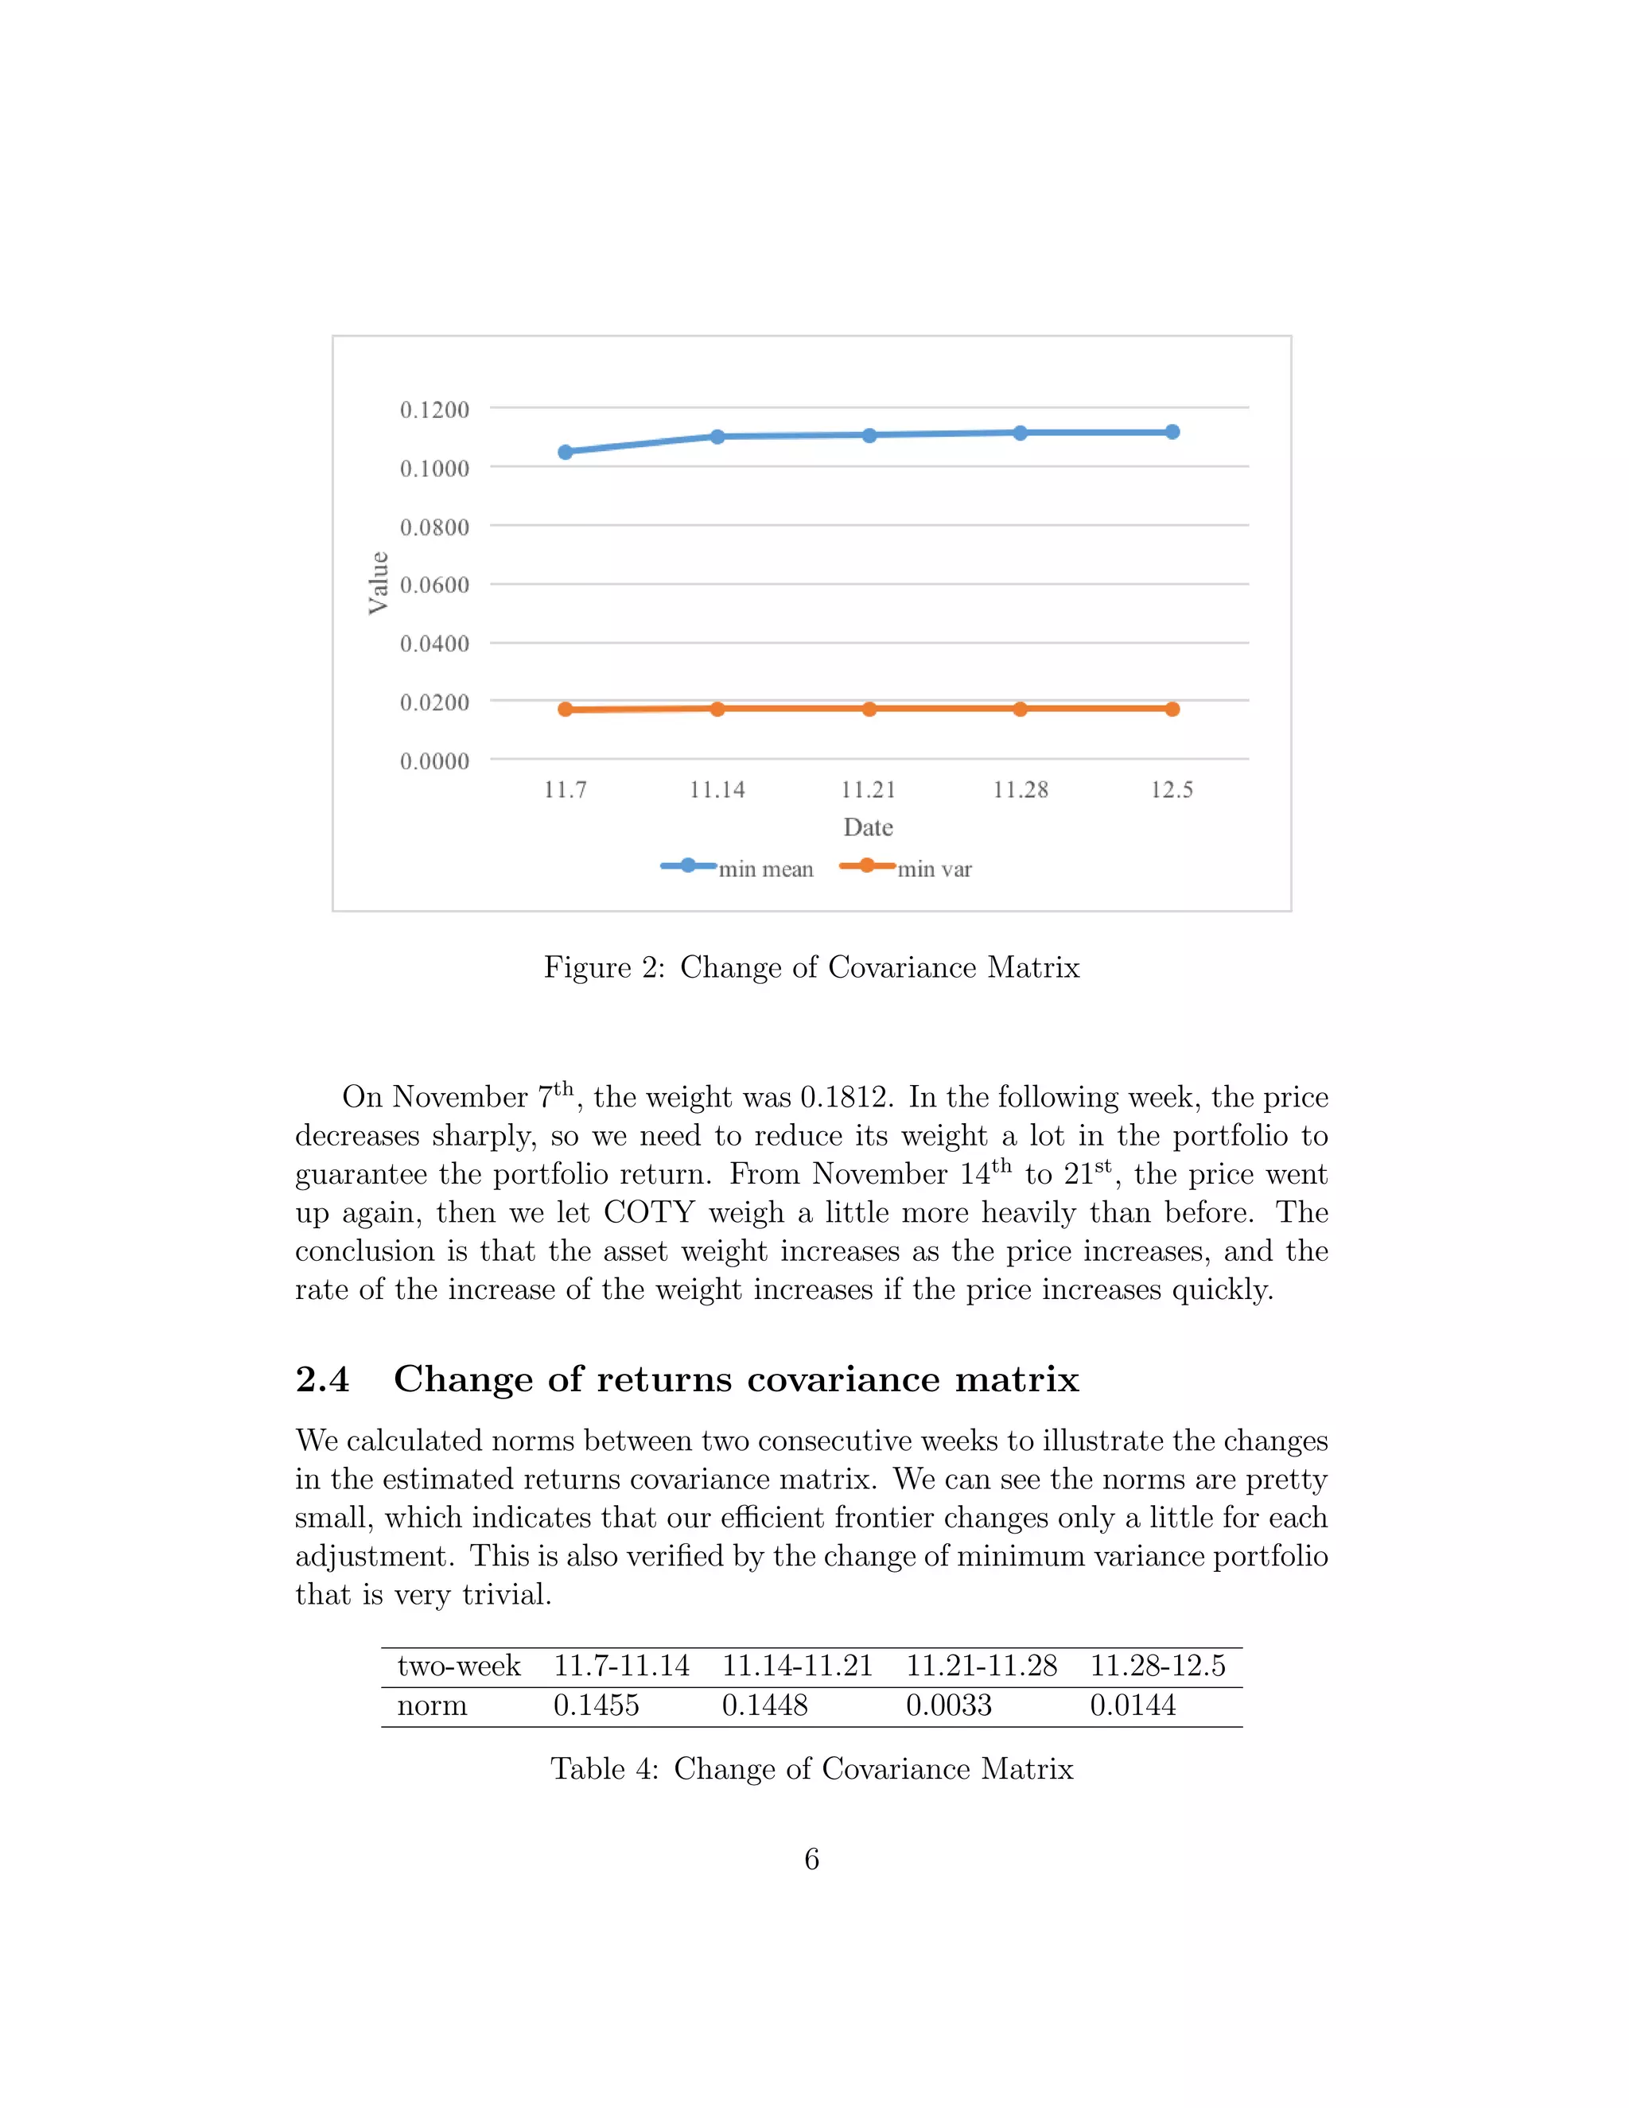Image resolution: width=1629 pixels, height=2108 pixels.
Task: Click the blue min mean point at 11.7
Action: click(x=566, y=452)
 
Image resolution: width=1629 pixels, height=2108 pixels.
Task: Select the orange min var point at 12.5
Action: click(x=1172, y=709)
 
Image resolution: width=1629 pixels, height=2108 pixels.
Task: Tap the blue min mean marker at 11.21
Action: click(x=869, y=435)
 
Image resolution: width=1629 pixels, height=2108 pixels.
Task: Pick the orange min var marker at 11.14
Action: click(x=717, y=709)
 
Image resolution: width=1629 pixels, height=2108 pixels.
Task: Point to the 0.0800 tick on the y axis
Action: click(x=434, y=527)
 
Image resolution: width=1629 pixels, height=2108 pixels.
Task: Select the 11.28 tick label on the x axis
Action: click(x=1020, y=790)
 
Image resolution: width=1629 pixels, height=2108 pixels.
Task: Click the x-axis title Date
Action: click(x=868, y=827)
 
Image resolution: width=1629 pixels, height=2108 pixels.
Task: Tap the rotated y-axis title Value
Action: click(x=379, y=583)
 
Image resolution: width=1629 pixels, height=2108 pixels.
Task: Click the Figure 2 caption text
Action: click(x=811, y=967)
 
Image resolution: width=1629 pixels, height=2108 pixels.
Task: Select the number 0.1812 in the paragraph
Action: click(x=846, y=1098)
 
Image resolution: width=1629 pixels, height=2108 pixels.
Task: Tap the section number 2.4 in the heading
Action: click(x=322, y=1379)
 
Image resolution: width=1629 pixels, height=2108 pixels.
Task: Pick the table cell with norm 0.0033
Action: click(x=949, y=1705)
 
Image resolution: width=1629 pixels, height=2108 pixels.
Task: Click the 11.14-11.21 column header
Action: click(x=797, y=1666)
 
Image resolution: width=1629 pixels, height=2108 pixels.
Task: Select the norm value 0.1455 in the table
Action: click(x=596, y=1705)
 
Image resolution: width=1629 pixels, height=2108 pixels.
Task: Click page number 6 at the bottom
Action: click(x=811, y=1859)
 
